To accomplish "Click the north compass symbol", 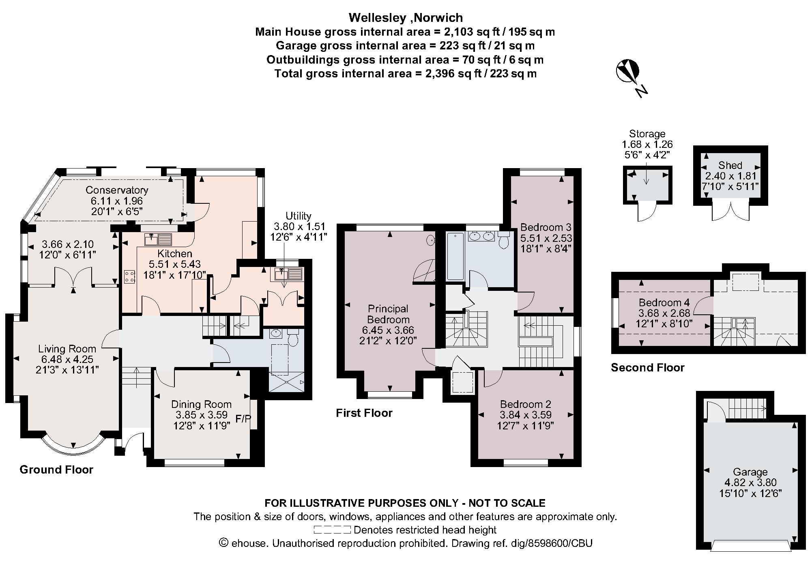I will click(x=628, y=73).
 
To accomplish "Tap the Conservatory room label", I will click(x=117, y=190).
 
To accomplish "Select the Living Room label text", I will click(x=67, y=349).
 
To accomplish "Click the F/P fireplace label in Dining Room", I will click(x=243, y=419).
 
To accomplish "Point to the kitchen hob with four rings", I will click(x=130, y=277).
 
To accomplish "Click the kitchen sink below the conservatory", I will click(x=159, y=239).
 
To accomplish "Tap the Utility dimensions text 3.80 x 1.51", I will click(x=299, y=226).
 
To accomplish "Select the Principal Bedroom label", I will click(x=388, y=314).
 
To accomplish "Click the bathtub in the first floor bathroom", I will click(x=455, y=256).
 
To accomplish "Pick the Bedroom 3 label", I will click(x=542, y=227).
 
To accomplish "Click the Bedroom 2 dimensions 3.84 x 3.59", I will click(x=526, y=415).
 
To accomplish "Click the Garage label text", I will click(x=750, y=472).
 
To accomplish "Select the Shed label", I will click(x=730, y=165).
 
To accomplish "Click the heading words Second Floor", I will click(x=647, y=368).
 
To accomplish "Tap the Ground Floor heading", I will click(x=56, y=470).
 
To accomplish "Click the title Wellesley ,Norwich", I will click(x=406, y=18).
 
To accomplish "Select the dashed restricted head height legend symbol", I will click(x=332, y=530).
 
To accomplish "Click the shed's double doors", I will click(x=730, y=211).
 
